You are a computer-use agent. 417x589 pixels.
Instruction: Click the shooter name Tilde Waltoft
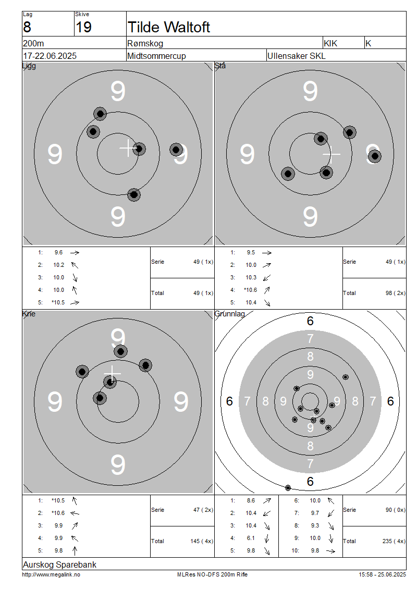tap(169, 27)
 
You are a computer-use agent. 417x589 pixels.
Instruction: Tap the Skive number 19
tap(83, 27)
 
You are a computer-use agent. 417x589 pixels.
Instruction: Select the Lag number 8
tap(27, 27)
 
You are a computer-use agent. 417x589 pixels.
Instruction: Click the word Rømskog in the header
tap(145, 43)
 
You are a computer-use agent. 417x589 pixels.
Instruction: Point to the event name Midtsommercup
tap(156, 56)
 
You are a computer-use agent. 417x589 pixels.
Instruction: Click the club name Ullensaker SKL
tap(297, 56)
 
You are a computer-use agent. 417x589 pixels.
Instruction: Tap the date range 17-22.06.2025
tap(50, 56)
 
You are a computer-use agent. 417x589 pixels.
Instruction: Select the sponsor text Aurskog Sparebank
tap(59, 565)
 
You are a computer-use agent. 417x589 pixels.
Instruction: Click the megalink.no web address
tap(51, 574)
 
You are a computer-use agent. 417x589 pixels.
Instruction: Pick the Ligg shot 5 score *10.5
tap(58, 302)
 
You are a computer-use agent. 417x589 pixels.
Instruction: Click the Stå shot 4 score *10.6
tap(251, 290)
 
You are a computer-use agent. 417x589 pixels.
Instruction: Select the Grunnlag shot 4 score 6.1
tap(251, 538)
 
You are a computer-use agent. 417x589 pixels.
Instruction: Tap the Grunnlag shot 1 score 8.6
tap(251, 500)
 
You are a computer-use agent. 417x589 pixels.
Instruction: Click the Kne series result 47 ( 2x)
tap(203, 510)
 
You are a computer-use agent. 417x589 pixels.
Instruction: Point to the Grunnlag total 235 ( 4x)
tap(394, 541)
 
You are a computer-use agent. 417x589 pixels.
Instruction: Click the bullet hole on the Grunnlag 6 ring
tap(288, 488)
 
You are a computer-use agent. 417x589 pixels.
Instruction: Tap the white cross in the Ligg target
tap(128, 148)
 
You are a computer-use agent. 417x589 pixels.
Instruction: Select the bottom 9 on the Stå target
tap(310, 217)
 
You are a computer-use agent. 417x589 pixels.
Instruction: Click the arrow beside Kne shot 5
tap(75, 550)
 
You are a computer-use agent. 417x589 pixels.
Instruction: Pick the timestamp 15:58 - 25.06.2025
tap(382, 574)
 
